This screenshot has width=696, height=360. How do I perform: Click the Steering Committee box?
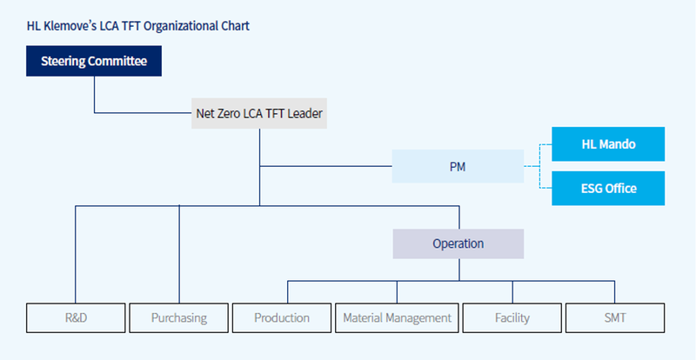(x=94, y=61)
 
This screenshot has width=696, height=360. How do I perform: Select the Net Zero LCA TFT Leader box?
(x=259, y=113)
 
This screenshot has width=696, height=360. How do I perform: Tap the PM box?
(x=458, y=166)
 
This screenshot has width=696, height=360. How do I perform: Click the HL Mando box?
(x=608, y=143)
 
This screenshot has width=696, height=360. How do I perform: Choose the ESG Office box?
(x=608, y=188)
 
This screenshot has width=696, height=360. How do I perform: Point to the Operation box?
(x=458, y=243)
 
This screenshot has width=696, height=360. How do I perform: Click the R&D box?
(x=76, y=318)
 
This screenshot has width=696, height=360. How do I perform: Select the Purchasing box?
(x=179, y=318)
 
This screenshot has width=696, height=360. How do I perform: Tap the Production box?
(x=282, y=318)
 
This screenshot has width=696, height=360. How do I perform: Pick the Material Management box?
(x=397, y=318)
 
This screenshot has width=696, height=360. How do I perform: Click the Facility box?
(x=512, y=318)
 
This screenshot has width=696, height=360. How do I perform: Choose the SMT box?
(x=615, y=318)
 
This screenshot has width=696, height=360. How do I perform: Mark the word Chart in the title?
(x=235, y=26)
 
